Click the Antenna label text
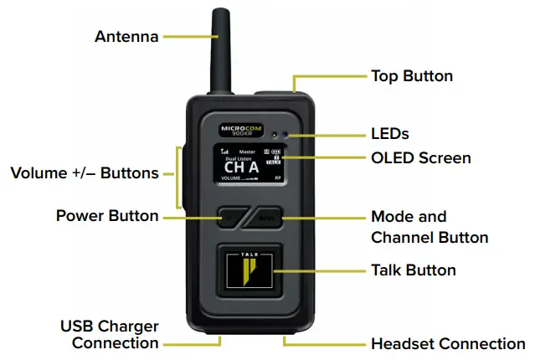126,36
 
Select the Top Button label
411,76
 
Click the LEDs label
389,133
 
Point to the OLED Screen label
420,157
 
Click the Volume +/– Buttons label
85,174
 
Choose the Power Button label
107,216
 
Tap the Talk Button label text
413,270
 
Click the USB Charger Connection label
109,334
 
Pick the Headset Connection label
448,343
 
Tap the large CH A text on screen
241,167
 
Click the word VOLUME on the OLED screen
230,179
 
